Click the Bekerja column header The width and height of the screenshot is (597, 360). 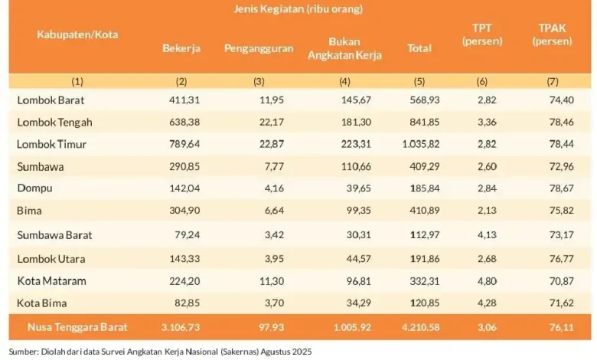coord(181,48)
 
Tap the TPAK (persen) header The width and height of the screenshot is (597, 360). coord(556,34)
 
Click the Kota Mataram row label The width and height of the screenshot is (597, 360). coord(51,281)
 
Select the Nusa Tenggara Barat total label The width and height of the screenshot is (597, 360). coord(71,327)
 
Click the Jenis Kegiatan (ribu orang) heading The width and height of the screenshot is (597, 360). coord(298,9)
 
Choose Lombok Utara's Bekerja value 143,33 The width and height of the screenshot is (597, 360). coord(184,259)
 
